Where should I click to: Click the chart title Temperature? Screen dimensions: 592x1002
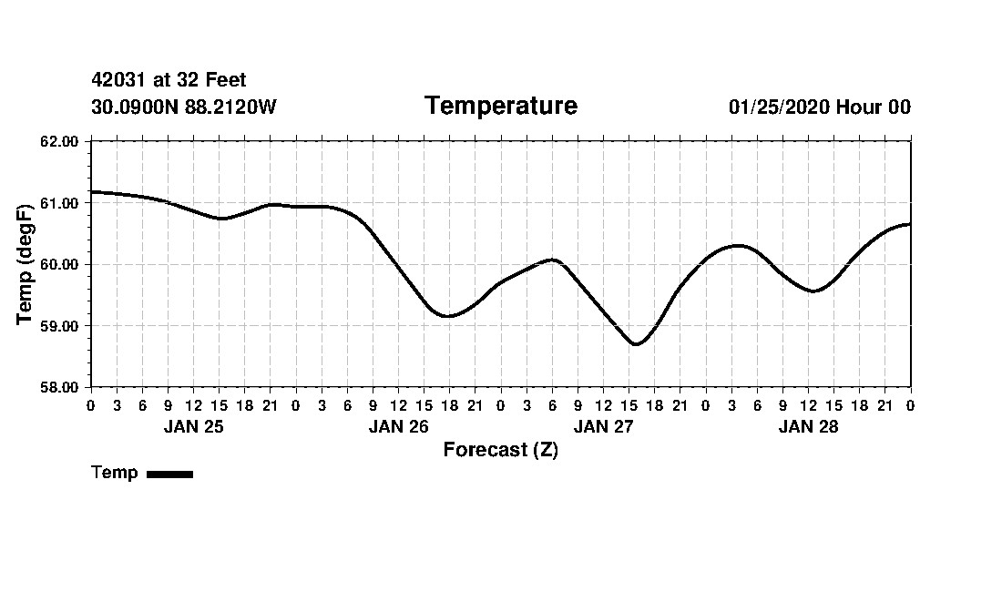pyautogui.click(x=500, y=107)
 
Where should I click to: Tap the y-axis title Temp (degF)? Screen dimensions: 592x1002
pyautogui.click(x=26, y=264)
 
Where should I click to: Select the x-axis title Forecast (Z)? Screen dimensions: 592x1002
pyautogui.click(x=500, y=450)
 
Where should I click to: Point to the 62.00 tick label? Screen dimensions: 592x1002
pyautogui.click(x=60, y=141)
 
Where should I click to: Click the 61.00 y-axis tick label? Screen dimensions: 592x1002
pyautogui.click(x=60, y=203)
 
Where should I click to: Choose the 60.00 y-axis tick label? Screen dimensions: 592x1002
pyautogui.click(x=60, y=264)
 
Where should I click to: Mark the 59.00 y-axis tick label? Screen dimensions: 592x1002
pyautogui.click(x=60, y=326)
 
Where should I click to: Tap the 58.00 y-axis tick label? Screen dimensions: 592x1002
pyautogui.click(x=60, y=387)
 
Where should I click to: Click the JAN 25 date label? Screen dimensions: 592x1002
pyautogui.click(x=193, y=427)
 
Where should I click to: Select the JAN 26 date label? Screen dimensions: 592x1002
pyautogui.click(x=398, y=427)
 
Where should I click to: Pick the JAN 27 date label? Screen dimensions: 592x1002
pyautogui.click(x=603, y=427)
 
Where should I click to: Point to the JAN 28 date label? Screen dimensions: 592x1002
pyautogui.click(x=808, y=427)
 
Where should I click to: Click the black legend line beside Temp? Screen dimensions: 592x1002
pyautogui.click(x=169, y=474)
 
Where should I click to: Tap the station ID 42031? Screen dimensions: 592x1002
pyautogui.click(x=119, y=81)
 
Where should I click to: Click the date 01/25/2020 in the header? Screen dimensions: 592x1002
pyautogui.click(x=779, y=107)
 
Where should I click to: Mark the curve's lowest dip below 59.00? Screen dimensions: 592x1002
pyautogui.click(x=636, y=344)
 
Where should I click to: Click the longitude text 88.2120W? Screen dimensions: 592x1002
pyautogui.click(x=230, y=107)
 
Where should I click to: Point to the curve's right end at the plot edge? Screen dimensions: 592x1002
pyautogui.click(x=910, y=224)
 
